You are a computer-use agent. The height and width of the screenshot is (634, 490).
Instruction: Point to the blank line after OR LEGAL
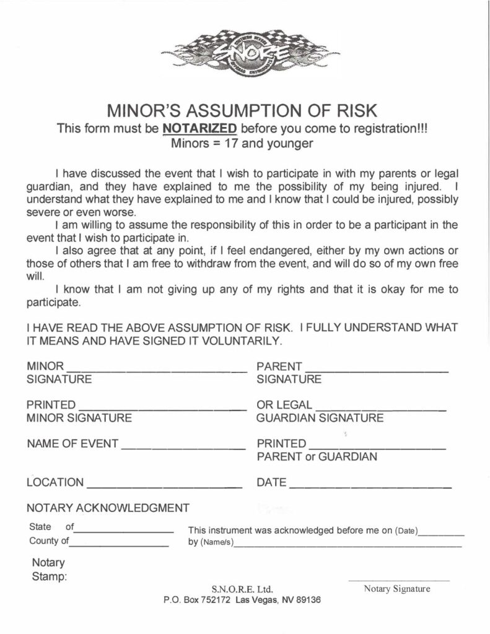point(380,409)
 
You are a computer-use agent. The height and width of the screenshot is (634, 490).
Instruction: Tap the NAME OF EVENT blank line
point(183,447)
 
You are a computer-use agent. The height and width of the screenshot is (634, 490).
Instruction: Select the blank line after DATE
point(369,487)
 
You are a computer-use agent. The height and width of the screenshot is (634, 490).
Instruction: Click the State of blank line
point(124,531)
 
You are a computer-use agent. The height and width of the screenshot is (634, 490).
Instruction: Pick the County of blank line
point(119,545)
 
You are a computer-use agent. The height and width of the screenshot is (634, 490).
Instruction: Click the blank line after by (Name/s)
point(348,546)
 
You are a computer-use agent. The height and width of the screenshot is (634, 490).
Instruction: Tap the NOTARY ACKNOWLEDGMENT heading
point(108,508)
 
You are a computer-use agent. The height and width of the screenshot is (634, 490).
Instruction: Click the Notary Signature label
point(397,589)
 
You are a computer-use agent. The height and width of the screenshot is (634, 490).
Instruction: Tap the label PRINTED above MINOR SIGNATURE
point(51,406)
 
